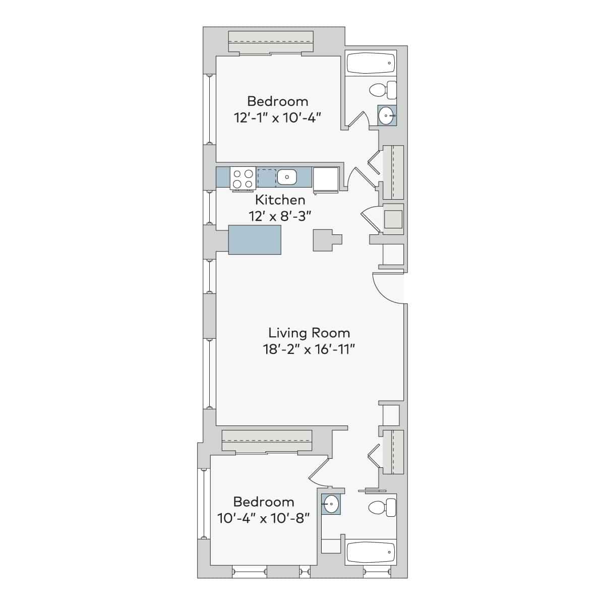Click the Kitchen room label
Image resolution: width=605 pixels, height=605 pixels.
pos(280,200)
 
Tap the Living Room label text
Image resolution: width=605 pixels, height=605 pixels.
pos(309,333)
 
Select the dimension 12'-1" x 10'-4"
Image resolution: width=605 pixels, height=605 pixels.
pos(277,117)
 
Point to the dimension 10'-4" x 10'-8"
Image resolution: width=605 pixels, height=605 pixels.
pos(263,518)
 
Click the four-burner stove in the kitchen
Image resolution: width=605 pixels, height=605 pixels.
pos(242,178)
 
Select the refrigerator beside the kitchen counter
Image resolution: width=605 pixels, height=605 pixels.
pos(326,178)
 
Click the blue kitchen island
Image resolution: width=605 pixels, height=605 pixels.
pos(255,240)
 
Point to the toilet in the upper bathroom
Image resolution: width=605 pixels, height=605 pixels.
pos(383,91)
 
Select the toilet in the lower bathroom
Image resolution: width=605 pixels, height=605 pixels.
pos(383,508)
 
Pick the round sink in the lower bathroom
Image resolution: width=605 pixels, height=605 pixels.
pos(331,503)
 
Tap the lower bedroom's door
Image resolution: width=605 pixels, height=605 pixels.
pos(319,471)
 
